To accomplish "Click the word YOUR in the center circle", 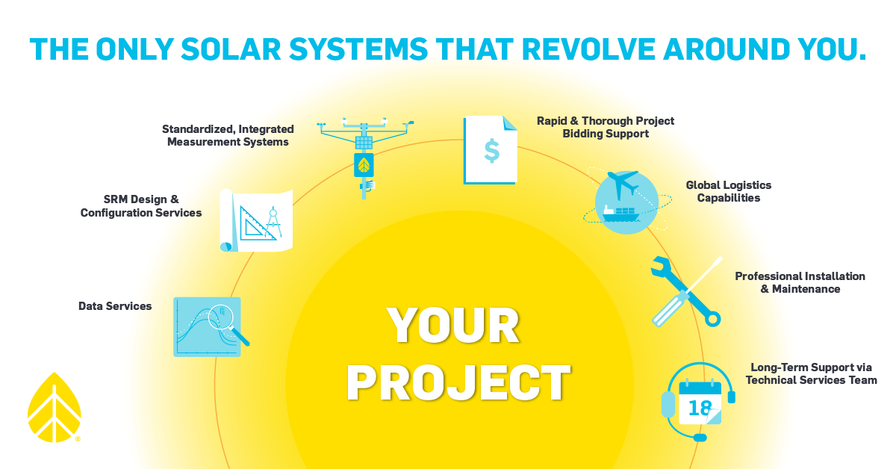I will click(453, 326).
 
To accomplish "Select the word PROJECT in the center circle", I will click(459, 382).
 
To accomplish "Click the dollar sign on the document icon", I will click(491, 150).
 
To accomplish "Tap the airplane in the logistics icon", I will click(622, 183).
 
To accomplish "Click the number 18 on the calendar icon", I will click(700, 409).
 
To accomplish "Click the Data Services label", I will click(115, 306).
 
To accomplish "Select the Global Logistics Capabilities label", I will click(728, 191).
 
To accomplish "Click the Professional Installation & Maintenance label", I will click(800, 282).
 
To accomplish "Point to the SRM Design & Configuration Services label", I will click(141, 206).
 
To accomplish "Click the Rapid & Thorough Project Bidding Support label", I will click(606, 127).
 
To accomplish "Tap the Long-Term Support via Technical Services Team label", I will click(811, 373).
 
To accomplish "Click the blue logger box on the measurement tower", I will click(364, 165).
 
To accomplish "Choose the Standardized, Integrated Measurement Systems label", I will click(228, 135).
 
